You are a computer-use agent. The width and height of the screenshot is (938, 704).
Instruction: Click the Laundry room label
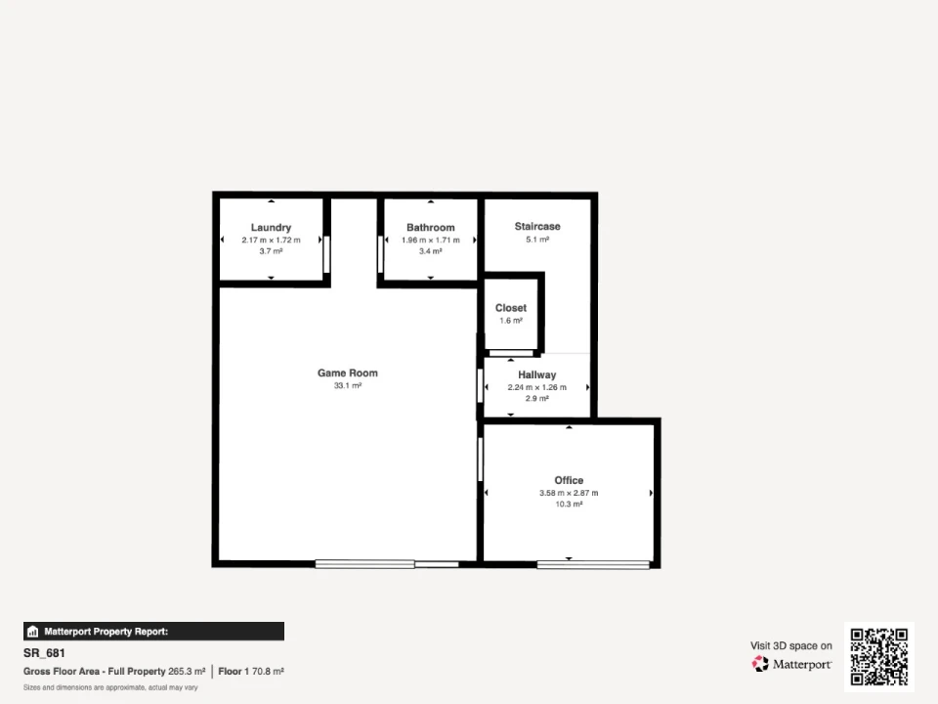click(271, 228)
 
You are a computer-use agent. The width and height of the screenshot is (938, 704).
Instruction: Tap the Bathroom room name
click(431, 228)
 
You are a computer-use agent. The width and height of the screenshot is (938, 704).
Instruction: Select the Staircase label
click(537, 226)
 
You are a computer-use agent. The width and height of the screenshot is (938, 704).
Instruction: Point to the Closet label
click(511, 308)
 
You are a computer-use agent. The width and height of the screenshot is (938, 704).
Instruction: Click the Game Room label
click(348, 373)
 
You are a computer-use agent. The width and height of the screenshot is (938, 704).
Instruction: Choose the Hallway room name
click(537, 374)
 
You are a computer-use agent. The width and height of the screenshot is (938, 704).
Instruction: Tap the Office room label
click(569, 480)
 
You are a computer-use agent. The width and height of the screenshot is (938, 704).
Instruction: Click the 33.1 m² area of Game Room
click(348, 385)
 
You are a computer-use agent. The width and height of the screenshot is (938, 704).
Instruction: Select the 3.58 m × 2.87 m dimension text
click(569, 493)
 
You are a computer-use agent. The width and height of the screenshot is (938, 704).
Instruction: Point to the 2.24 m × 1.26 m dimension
click(537, 387)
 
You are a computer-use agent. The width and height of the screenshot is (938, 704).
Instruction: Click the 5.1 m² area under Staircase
click(537, 240)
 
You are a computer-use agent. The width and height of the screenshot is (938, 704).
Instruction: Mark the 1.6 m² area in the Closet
click(511, 321)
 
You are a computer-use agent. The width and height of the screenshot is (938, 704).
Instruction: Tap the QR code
click(879, 656)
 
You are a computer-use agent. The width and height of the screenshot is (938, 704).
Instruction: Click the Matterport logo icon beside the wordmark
click(760, 664)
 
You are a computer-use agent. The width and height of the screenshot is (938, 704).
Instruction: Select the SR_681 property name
click(44, 653)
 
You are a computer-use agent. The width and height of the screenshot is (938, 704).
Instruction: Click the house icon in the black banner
click(33, 632)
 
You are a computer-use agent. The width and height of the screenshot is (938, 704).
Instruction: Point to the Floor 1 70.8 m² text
click(251, 672)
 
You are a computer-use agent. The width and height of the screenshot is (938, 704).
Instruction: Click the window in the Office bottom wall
click(593, 564)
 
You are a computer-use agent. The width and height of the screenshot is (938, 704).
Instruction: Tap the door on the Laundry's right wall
click(326, 254)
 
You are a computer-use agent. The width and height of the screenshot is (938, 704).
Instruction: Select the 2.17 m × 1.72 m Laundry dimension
click(271, 241)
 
